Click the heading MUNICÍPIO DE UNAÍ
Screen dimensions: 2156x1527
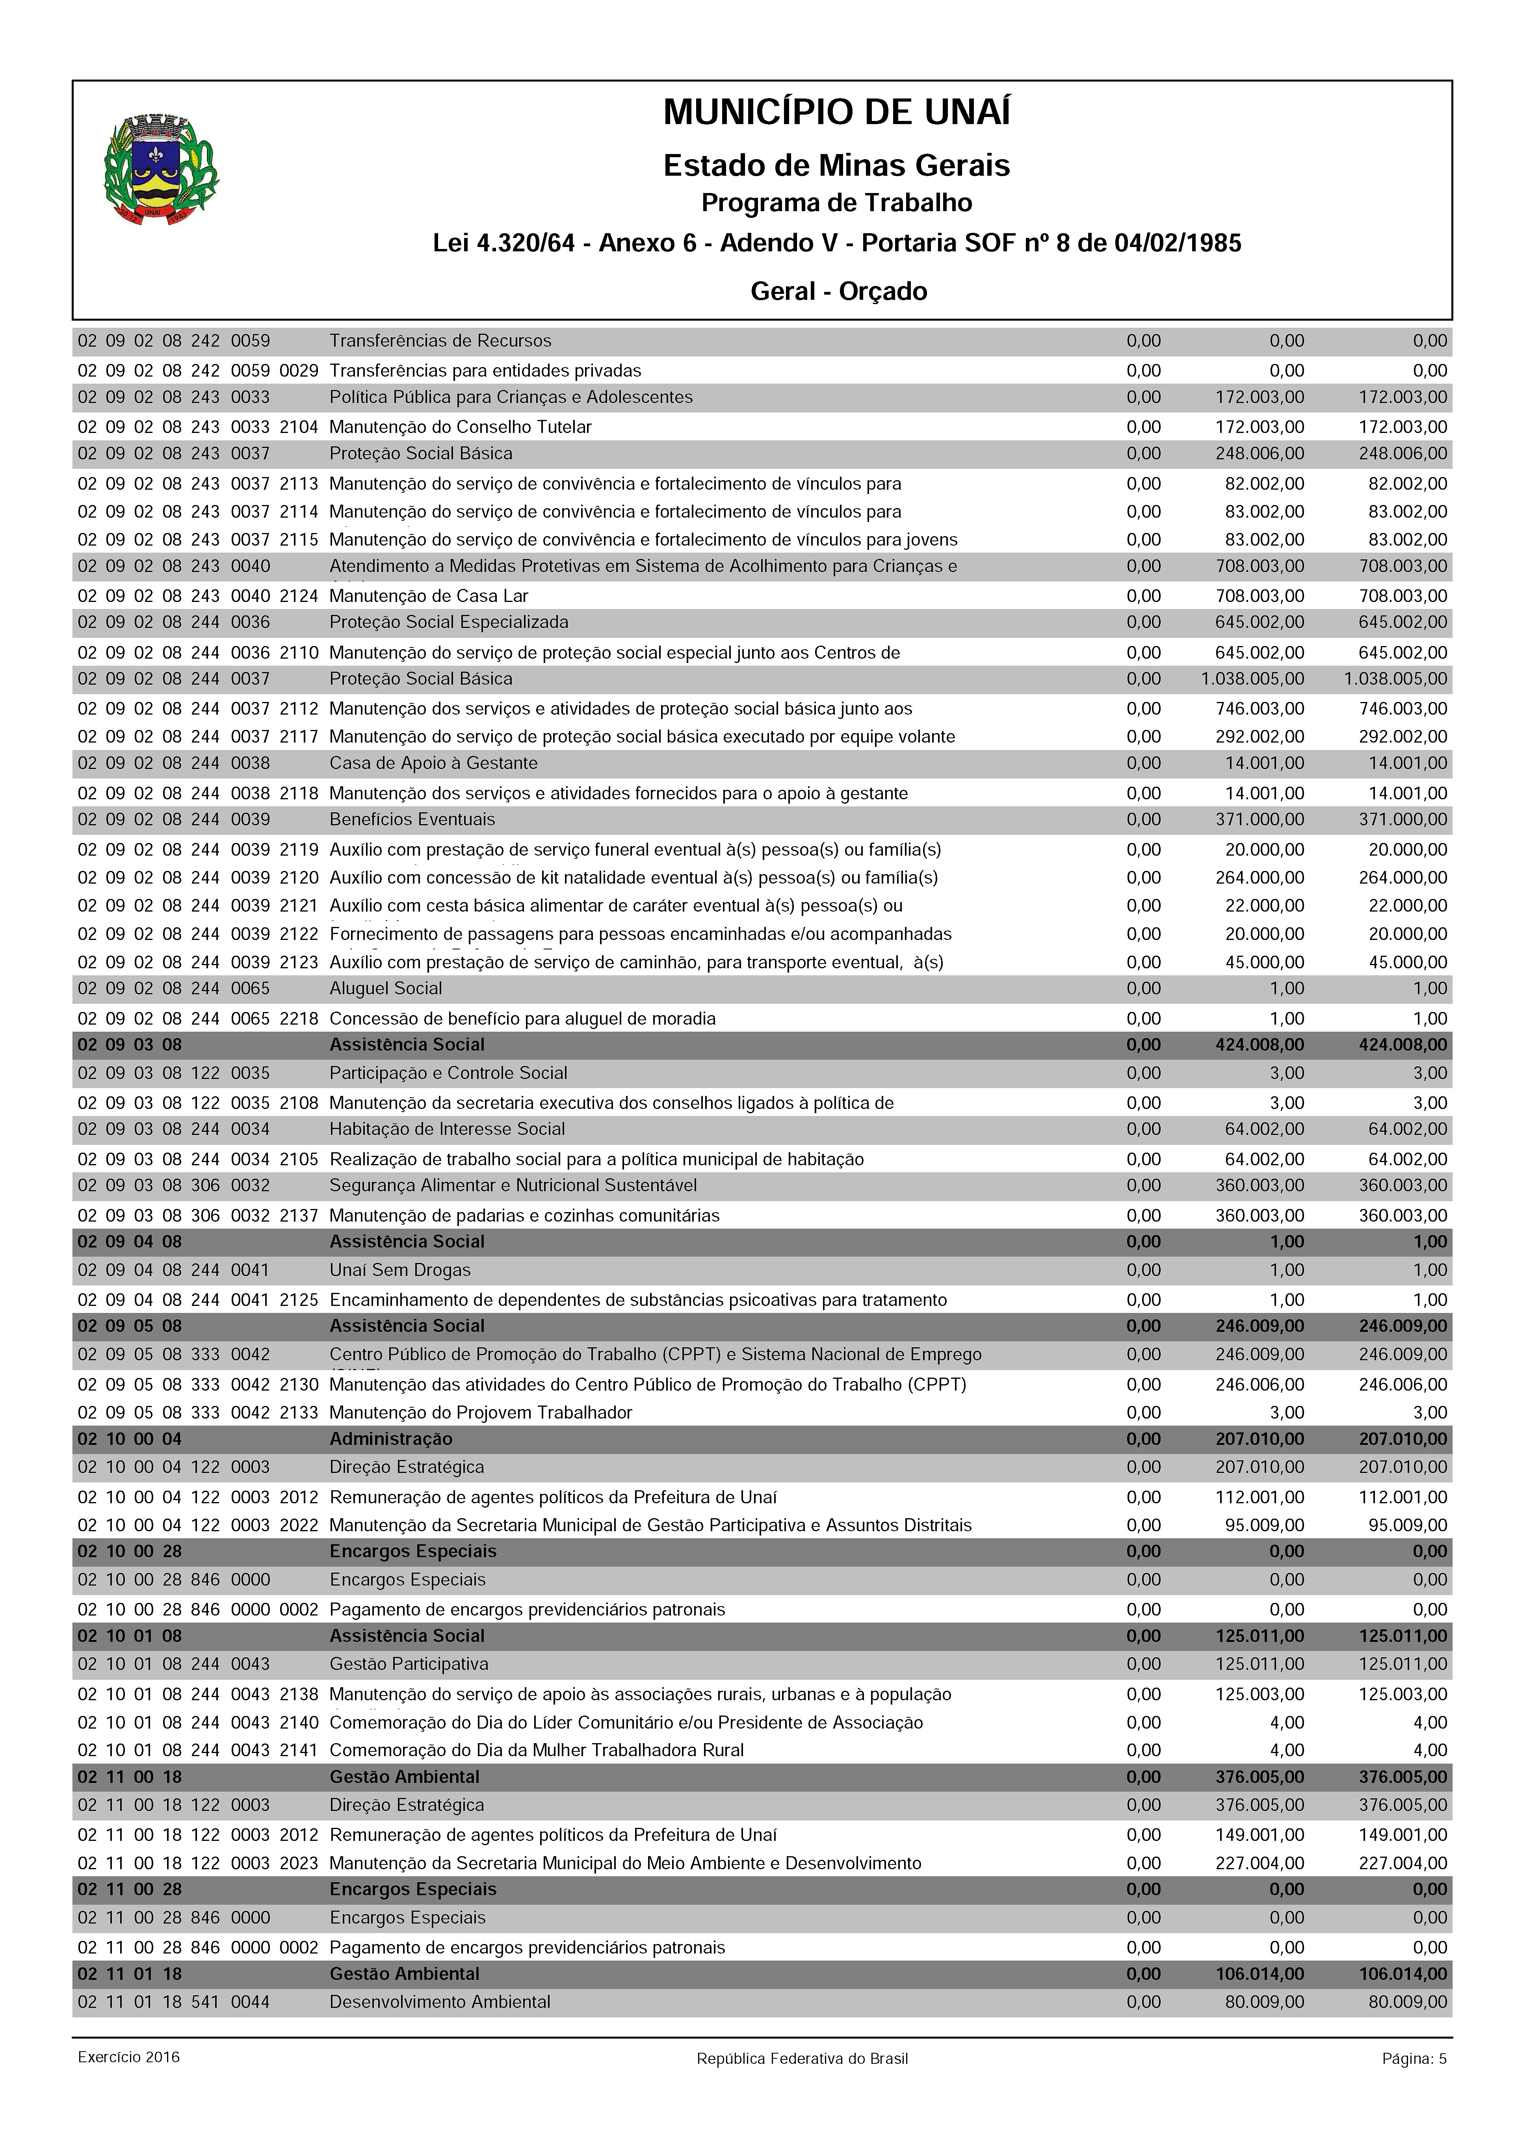tap(837, 113)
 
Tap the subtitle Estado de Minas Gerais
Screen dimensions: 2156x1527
tap(837, 165)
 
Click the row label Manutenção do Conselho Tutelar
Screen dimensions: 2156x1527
tap(460, 427)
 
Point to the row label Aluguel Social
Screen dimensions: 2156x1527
tap(386, 988)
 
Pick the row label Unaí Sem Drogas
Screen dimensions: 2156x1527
tap(399, 1270)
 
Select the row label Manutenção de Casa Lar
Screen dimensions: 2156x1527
tap(429, 596)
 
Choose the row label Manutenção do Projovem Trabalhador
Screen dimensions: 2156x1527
tap(481, 1412)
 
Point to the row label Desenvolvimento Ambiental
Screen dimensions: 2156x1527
tap(439, 2002)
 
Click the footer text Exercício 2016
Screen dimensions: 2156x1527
tap(129, 2084)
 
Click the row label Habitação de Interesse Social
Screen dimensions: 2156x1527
tap(447, 1129)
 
